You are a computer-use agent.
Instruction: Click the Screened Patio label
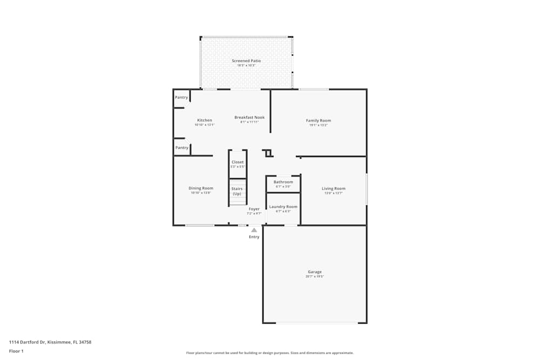click(246, 61)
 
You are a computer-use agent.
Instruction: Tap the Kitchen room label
click(205, 120)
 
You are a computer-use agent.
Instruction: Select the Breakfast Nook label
click(249, 117)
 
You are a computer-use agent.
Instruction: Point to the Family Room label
click(318, 120)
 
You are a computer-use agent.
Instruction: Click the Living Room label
click(333, 188)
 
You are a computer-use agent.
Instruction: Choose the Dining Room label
click(201, 188)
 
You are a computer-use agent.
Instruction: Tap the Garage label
click(315, 272)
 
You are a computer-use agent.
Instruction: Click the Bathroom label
click(283, 182)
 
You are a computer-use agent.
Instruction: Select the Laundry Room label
click(283, 207)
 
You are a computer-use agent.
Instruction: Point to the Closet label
click(238, 162)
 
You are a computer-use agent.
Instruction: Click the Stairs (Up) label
click(237, 191)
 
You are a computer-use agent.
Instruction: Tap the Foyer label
click(254, 209)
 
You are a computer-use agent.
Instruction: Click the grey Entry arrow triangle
click(254, 230)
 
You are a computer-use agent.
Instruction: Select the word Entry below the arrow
click(254, 237)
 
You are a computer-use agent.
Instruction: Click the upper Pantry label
click(181, 98)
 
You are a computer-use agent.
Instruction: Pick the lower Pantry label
click(182, 147)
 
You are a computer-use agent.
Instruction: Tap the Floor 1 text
click(16, 351)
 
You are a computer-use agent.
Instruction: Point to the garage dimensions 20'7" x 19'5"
click(315, 276)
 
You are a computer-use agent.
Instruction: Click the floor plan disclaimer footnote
click(269, 353)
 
